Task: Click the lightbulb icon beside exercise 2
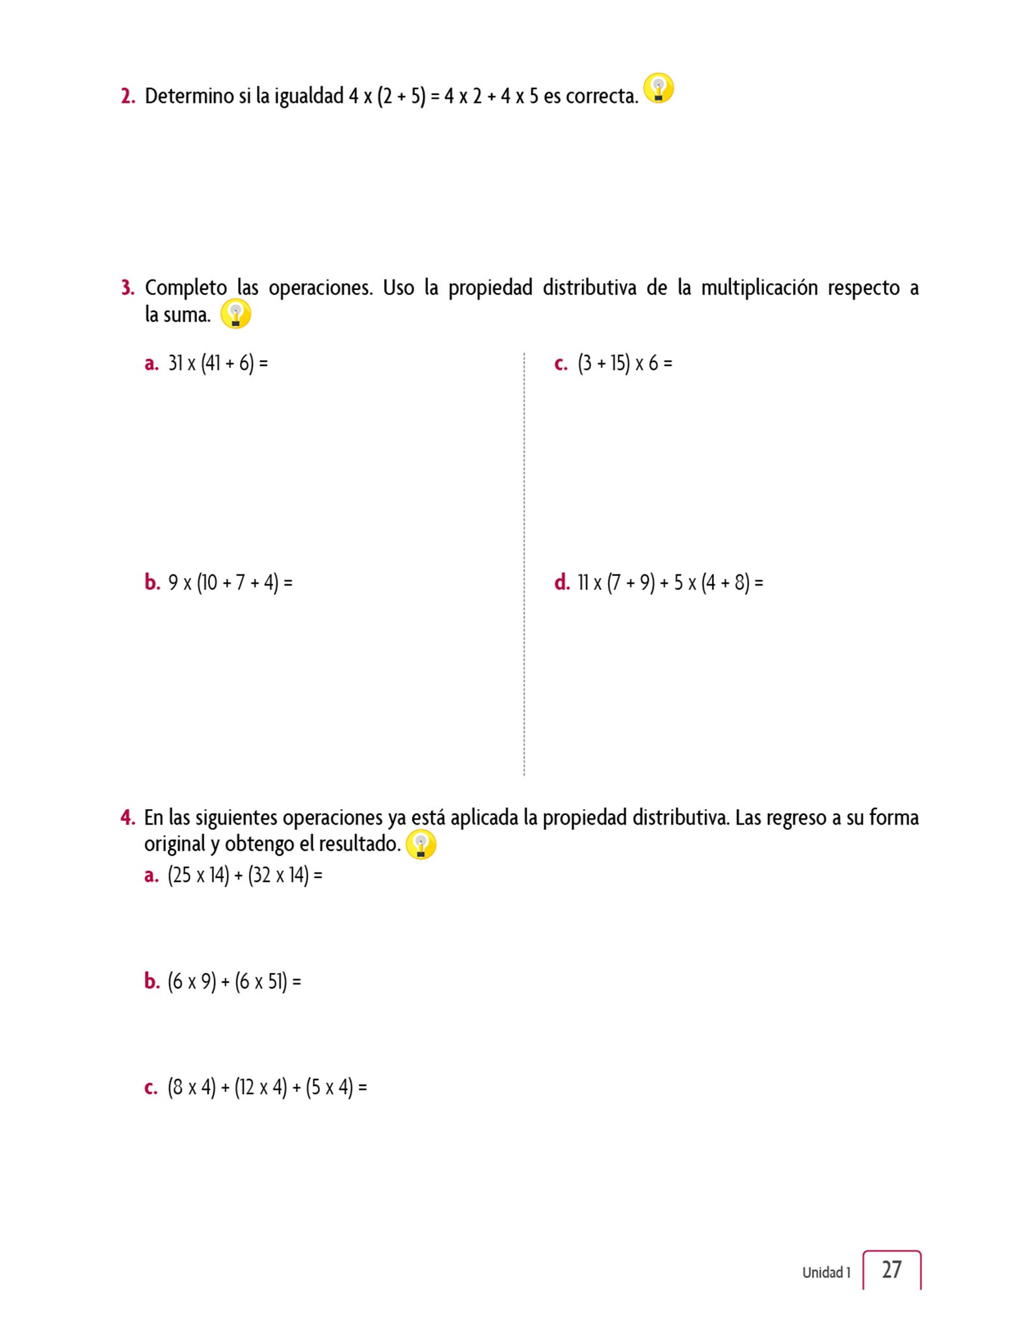click(x=658, y=88)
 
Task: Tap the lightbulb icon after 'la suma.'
click(x=235, y=314)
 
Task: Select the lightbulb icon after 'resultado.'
click(x=420, y=844)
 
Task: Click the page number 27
click(x=892, y=1269)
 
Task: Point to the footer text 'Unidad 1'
click(x=826, y=1273)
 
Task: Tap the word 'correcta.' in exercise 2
click(x=601, y=96)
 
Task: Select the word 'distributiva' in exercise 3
click(x=589, y=287)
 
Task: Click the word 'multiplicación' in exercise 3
click(x=759, y=287)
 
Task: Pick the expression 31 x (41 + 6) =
click(x=218, y=363)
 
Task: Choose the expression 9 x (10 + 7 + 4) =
click(x=230, y=582)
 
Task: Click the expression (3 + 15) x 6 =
click(x=624, y=363)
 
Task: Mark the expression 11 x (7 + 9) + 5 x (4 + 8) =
click(x=670, y=582)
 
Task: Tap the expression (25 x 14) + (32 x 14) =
click(x=244, y=875)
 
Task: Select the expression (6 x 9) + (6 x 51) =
click(x=234, y=981)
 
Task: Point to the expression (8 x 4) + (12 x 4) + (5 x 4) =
click(x=267, y=1087)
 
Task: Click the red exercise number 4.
click(x=127, y=818)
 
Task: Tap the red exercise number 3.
click(x=127, y=287)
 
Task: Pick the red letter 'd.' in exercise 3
click(x=562, y=582)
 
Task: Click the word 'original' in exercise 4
click(x=174, y=844)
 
